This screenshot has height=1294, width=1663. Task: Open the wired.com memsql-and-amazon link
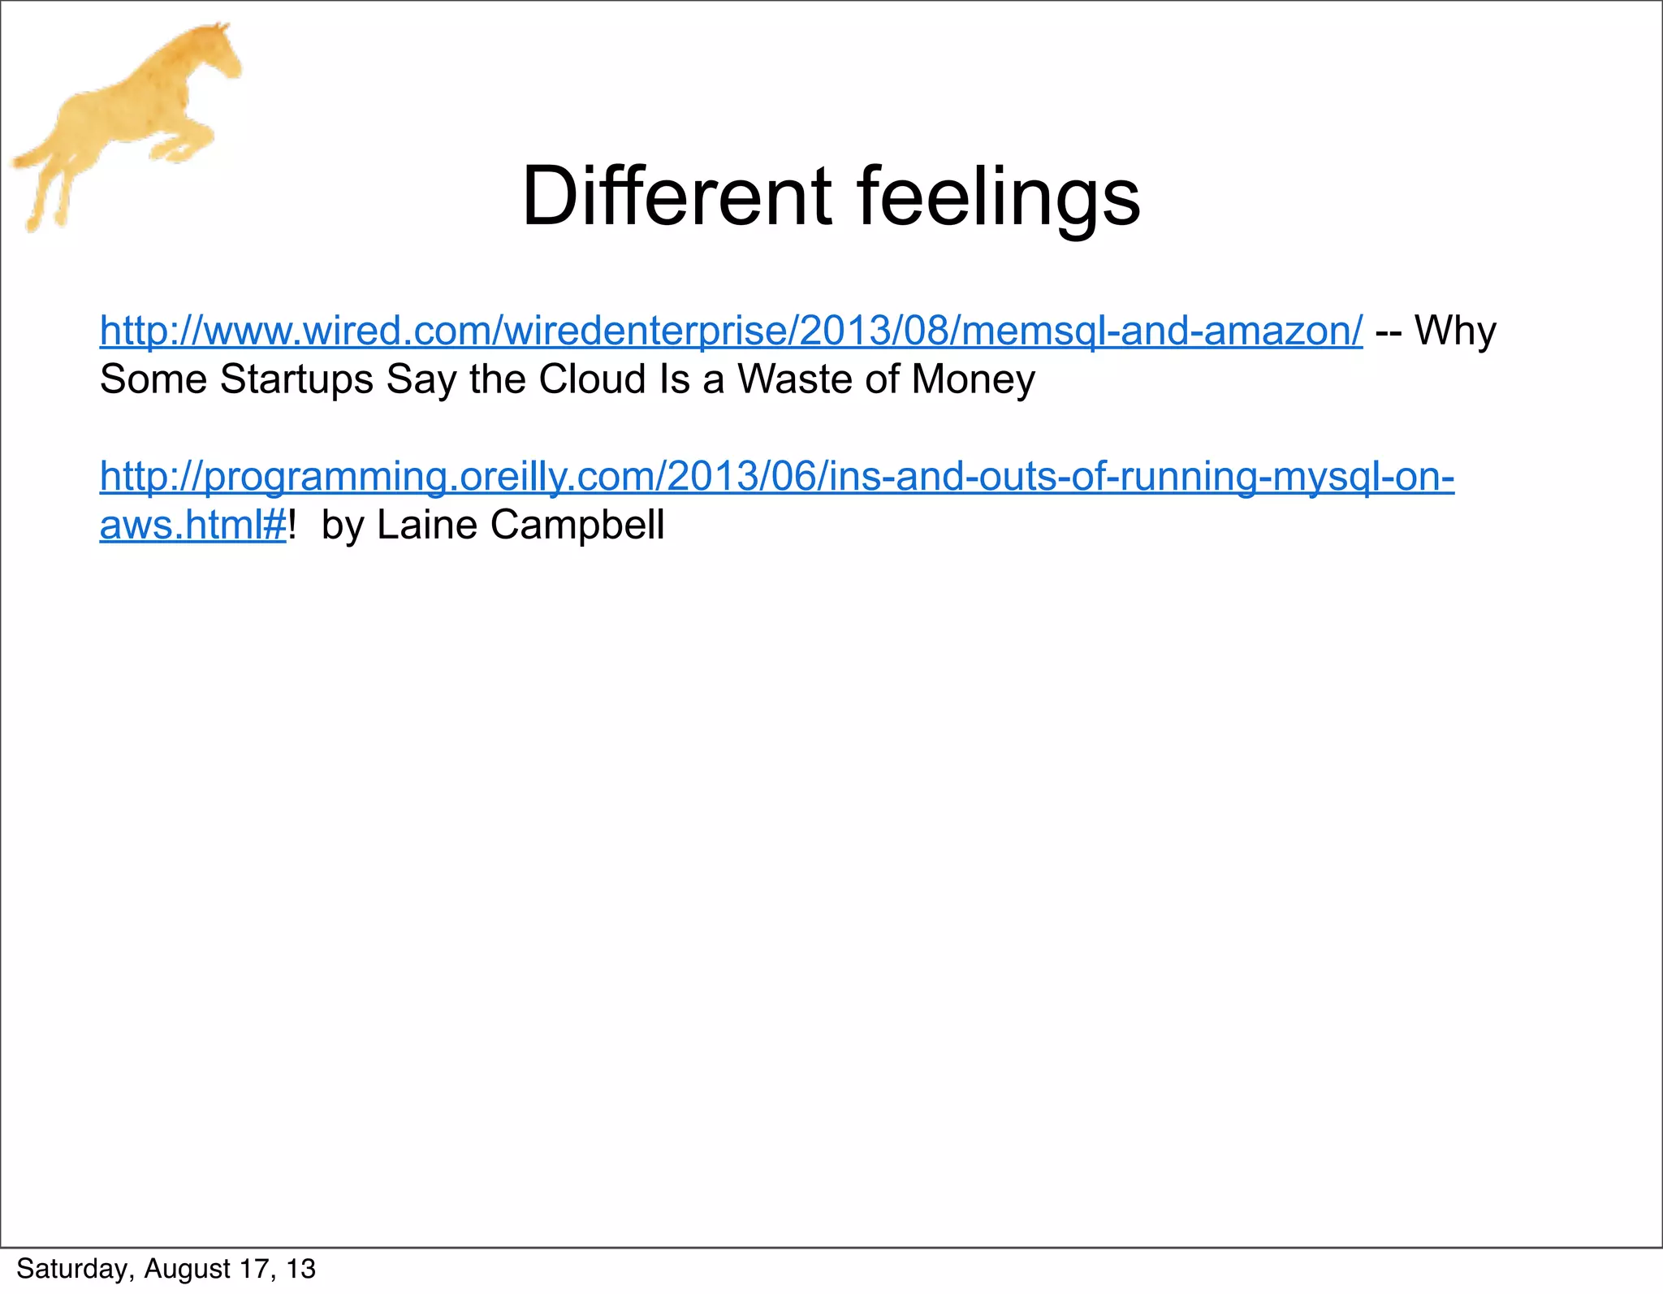pyautogui.click(x=731, y=331)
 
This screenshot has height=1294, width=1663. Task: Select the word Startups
pyautogui.click(x=296, y=379)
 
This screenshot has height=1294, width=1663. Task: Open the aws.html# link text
pyautogui.click(x=192, y=525)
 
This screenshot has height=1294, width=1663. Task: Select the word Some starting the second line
pyautogui.click(x=153, y=379)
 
